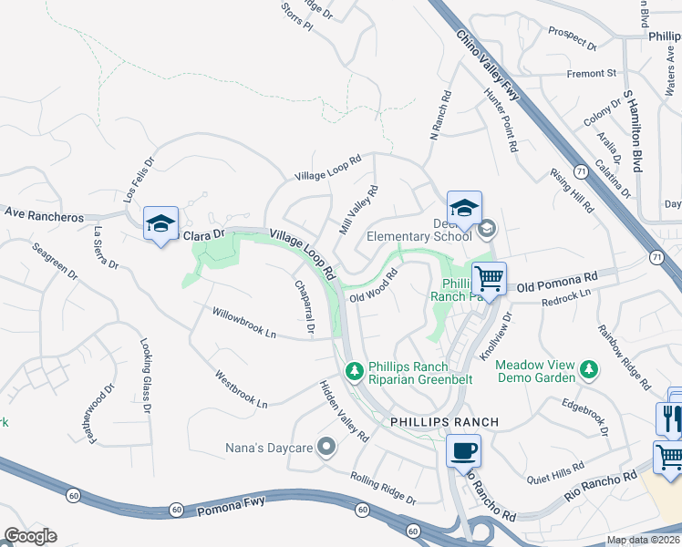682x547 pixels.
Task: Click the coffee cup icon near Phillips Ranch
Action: (464, 449)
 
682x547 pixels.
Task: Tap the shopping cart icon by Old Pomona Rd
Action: (489, 278)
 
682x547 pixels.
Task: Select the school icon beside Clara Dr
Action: (160, 223)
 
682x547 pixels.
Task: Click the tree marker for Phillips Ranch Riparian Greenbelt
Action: (355, 371)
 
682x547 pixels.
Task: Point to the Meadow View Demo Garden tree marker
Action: (590, 371)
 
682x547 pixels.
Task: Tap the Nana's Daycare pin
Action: (328, 447)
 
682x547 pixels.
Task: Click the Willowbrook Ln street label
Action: (244, 322)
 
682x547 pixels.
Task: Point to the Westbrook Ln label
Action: (242, 388)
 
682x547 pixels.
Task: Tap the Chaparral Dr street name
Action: (304, 305)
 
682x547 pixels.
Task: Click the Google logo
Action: (30, 536)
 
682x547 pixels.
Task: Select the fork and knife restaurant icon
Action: (669, 418)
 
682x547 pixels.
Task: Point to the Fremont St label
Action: (591, 73)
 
